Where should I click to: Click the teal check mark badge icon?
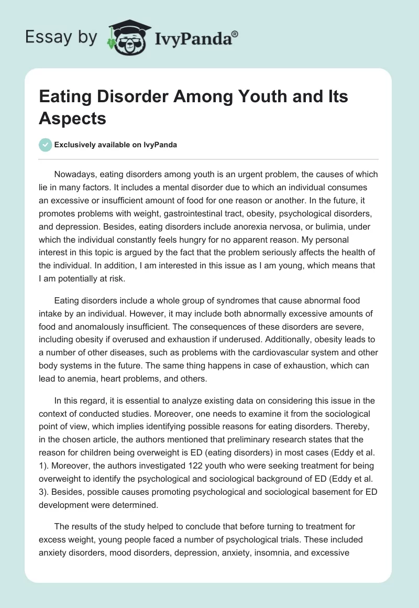tap(45, 145)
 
